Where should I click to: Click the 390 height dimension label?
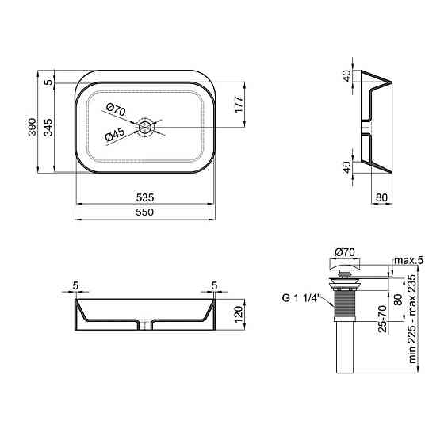(33, 127)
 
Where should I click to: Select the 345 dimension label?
(48, 127)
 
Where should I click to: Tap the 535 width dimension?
(145, 197)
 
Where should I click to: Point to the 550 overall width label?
(144, 212)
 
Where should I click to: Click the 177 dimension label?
(239, 105)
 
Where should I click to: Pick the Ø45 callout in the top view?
(115, 135)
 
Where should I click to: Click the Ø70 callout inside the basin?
(116, 110)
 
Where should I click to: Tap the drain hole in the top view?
(144, 128)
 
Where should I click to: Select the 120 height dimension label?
(239, 314)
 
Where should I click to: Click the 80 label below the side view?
(381, 197)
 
